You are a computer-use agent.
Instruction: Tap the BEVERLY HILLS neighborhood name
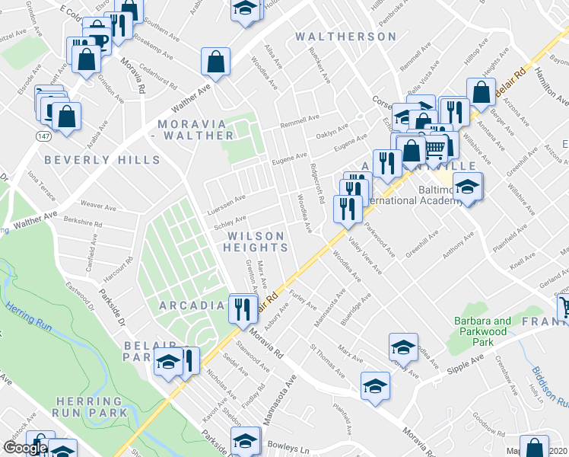(102, 160)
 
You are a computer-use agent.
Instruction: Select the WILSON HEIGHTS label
(256, 241)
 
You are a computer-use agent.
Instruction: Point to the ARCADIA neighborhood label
(192, 305)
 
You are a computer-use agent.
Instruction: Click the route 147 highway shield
(42, 134)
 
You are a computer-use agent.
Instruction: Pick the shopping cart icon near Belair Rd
(434, 146)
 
